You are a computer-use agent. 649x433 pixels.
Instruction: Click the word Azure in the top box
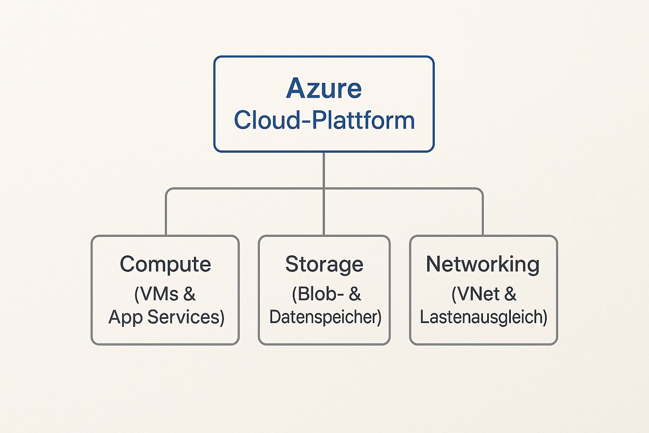point(324,88)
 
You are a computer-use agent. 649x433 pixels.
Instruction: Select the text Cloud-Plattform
point(324,120)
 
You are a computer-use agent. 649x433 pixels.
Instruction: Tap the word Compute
point(165,265)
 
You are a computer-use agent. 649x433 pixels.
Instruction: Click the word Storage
point(324,265)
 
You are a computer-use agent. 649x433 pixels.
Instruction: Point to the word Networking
point(483,265)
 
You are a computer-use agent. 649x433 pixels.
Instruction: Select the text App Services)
point(166,317)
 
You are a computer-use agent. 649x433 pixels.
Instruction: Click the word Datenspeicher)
point(325,317)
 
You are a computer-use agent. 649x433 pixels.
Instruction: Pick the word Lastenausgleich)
point(483,317)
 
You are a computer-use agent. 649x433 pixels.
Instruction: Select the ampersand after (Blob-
point(355,294)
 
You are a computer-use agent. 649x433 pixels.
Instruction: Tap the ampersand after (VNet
point(510,294)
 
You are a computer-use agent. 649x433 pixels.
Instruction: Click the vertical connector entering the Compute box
point(166,216)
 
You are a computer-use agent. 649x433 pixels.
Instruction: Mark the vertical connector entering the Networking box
point(483,216)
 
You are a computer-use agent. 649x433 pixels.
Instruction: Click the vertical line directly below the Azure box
point(324,169)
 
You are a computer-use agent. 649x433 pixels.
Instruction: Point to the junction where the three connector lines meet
point(324,189)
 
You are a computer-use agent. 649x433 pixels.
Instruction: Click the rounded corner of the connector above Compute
point(167,190)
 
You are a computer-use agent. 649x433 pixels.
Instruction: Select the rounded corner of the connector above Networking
point(481,190)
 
